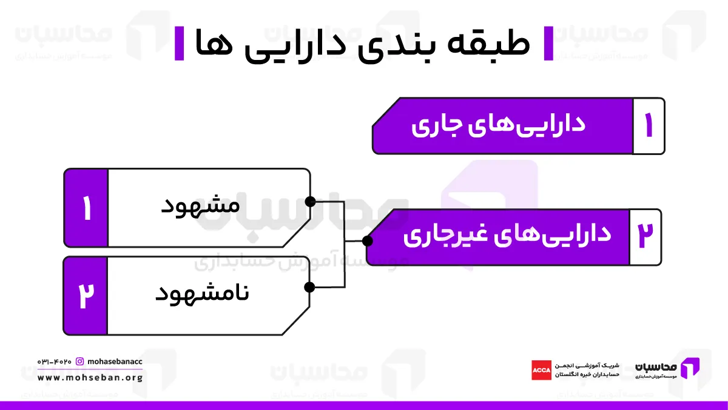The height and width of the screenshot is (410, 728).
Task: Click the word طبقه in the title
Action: coord(489,43)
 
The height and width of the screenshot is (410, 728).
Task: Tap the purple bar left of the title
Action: coord(179,44)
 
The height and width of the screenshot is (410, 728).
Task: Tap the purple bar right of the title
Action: coord(548,44)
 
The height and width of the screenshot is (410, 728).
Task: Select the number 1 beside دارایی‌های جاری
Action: coord(649,125)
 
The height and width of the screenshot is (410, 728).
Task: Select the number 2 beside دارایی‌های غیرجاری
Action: coord(645,236)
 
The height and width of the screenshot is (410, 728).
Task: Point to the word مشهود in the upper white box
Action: coord(201,207)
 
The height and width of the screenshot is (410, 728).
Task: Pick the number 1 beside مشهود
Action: coord(86,208)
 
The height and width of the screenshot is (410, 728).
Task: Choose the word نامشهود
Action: coord(202,294)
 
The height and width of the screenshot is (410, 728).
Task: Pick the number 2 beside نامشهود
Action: coord(86,295)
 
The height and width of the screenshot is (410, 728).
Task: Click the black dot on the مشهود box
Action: coord(311,202)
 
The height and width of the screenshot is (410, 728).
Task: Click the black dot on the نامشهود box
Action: coord(309,287)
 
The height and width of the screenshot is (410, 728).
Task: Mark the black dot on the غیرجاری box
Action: coord(367,241)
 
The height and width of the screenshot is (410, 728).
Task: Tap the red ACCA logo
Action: coord(541,370)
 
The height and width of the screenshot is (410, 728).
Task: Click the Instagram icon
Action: coord(79,362)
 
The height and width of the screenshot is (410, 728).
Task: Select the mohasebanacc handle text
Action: coord(115,362)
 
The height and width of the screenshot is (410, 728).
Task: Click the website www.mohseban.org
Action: coord(90,378)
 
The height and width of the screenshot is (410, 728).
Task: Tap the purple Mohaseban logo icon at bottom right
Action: coord(690,368)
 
